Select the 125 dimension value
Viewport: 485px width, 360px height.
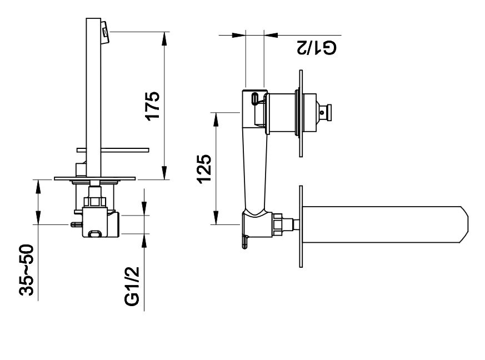204,168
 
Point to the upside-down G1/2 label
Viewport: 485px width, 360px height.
315,48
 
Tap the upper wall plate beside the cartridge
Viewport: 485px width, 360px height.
301,114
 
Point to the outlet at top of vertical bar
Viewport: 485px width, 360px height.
105,31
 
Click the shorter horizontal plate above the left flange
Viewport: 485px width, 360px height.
114,149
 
